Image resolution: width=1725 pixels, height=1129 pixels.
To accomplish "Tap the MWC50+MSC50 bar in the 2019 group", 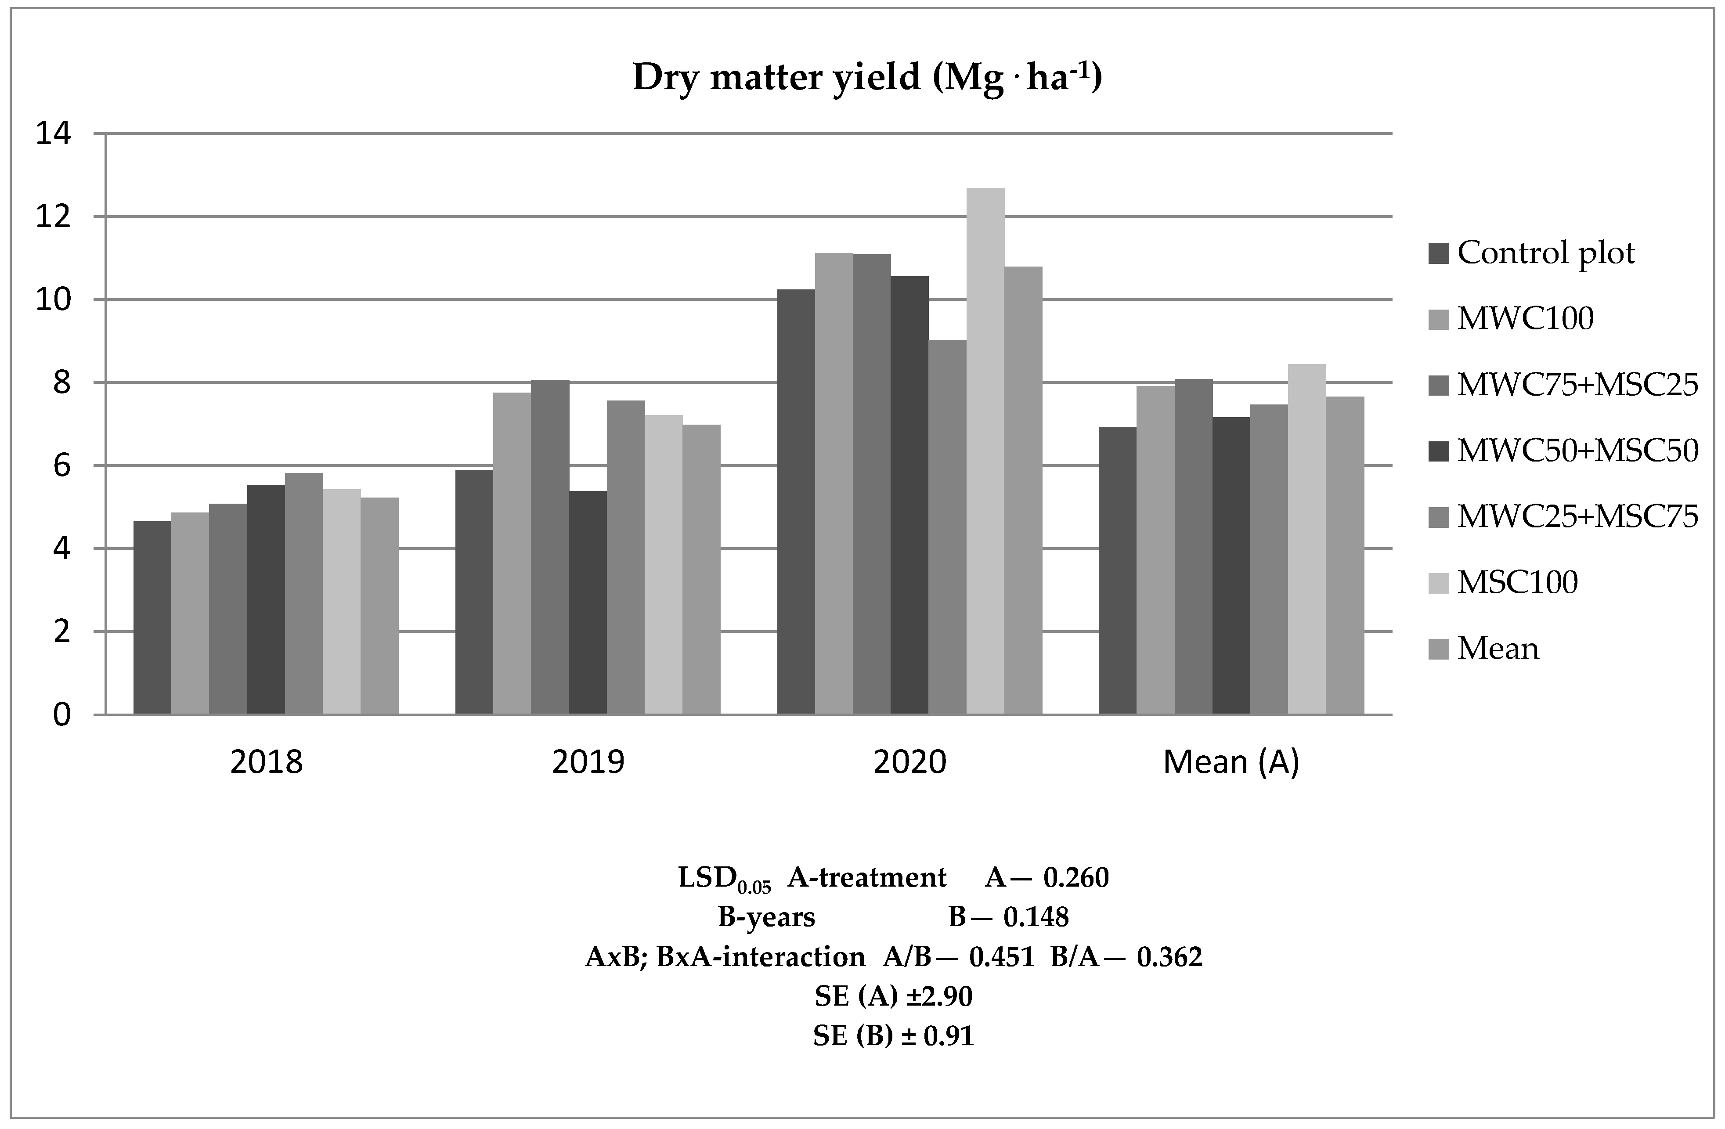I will [x=587, y=602].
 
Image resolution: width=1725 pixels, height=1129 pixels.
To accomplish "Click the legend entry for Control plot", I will [x=1545, y=253].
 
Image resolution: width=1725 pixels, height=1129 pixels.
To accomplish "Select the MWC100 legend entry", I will [x=1525, y=319].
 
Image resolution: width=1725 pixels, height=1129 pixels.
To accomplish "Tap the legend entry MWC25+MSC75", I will [x=1577, y=516].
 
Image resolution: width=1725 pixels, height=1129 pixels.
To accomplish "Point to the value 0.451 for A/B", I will [x=1002, y=957].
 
